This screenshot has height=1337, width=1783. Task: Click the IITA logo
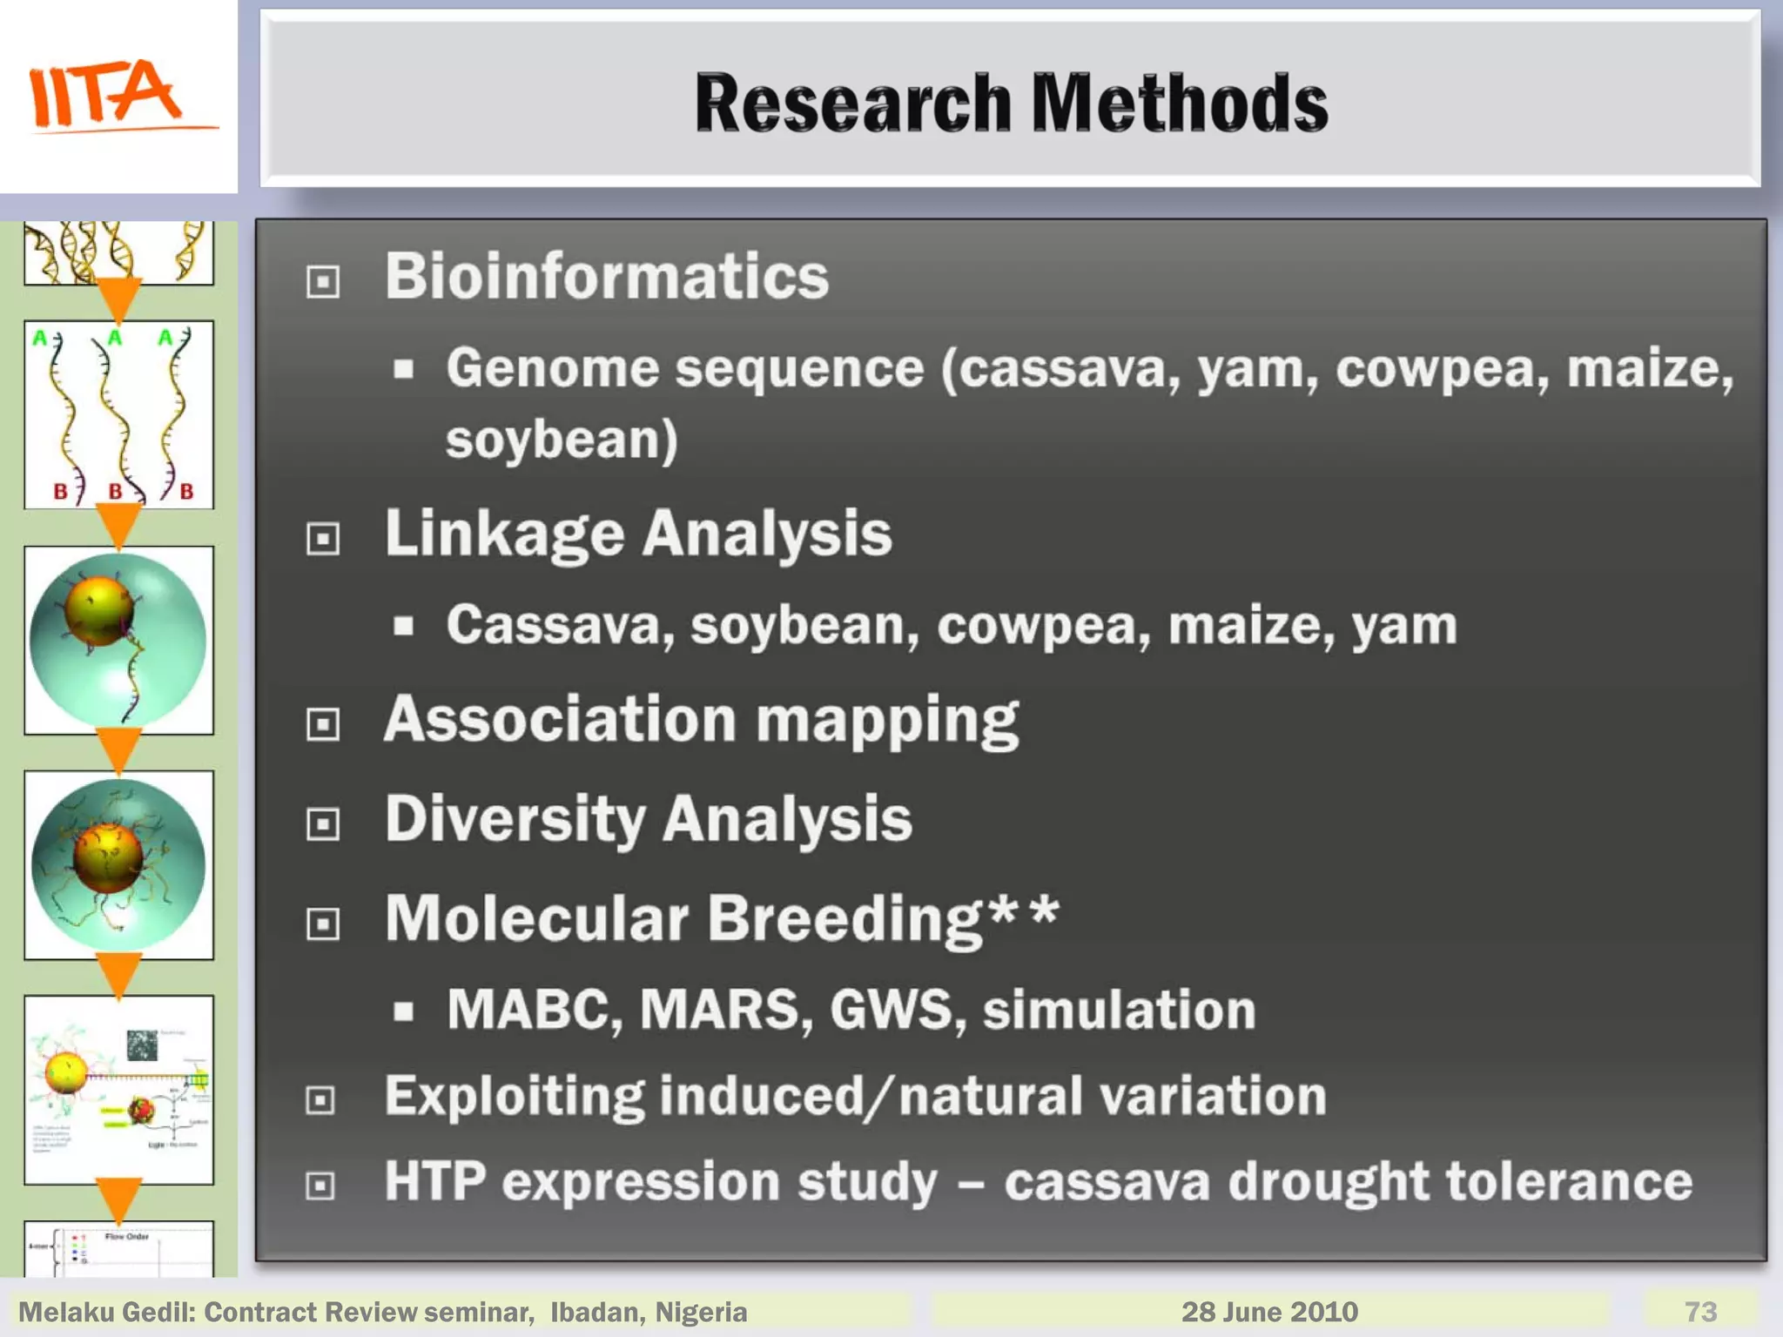pos(118,96)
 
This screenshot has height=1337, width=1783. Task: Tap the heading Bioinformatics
pos(607,277)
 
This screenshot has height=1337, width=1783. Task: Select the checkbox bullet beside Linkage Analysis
pos(323,538)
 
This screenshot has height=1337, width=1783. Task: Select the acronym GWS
pos(898,1010)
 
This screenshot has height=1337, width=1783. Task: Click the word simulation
pos(1119,1010)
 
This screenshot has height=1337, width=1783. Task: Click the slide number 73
pos(1700,1312)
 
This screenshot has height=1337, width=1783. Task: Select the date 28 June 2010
pos(1269,1312)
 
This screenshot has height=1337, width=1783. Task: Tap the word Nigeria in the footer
pos(701,1312)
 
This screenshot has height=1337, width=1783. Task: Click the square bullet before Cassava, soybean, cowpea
pos(403,626)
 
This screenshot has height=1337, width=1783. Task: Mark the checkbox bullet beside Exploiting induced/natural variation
pos(321,1100)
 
